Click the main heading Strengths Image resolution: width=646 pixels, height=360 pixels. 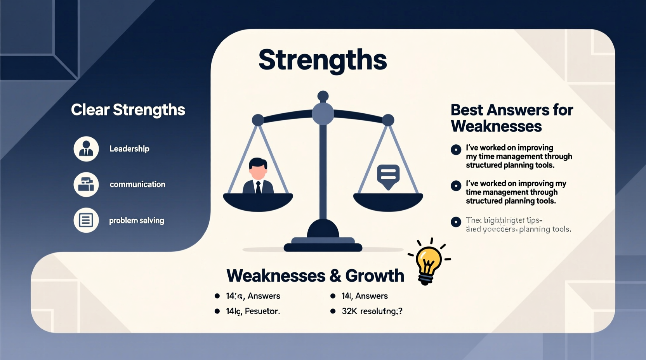(323, 60)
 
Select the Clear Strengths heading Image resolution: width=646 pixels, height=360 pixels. (128, 110)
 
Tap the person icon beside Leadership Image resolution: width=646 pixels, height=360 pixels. (86, 149)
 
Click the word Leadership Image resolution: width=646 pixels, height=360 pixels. (129, 149)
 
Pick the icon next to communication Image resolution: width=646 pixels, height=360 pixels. (86, 185)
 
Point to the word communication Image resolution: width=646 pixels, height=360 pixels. (137, 184)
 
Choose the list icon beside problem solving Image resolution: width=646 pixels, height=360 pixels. (86, 220)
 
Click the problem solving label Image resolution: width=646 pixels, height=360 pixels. (137, 220)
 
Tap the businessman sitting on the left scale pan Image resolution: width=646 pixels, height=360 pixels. (258, 177)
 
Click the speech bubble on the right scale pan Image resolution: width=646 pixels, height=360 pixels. (388, 176)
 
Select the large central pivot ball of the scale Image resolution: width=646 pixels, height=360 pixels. (323, 114)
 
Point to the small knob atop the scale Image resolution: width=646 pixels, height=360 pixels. (323, 95)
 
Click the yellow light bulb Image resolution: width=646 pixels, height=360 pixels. (428, 261)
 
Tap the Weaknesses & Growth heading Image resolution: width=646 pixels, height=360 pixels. (315, 275)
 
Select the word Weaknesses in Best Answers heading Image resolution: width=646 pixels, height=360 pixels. (496, 126)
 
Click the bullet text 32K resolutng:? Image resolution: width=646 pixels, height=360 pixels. (372, 311)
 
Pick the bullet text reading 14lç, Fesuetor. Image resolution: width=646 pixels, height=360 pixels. (253, 311)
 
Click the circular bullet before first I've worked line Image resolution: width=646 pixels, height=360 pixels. (456, 149)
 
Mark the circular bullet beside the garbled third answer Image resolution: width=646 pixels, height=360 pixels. (456, 222)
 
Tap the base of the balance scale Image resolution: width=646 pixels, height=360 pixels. (323, 244)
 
